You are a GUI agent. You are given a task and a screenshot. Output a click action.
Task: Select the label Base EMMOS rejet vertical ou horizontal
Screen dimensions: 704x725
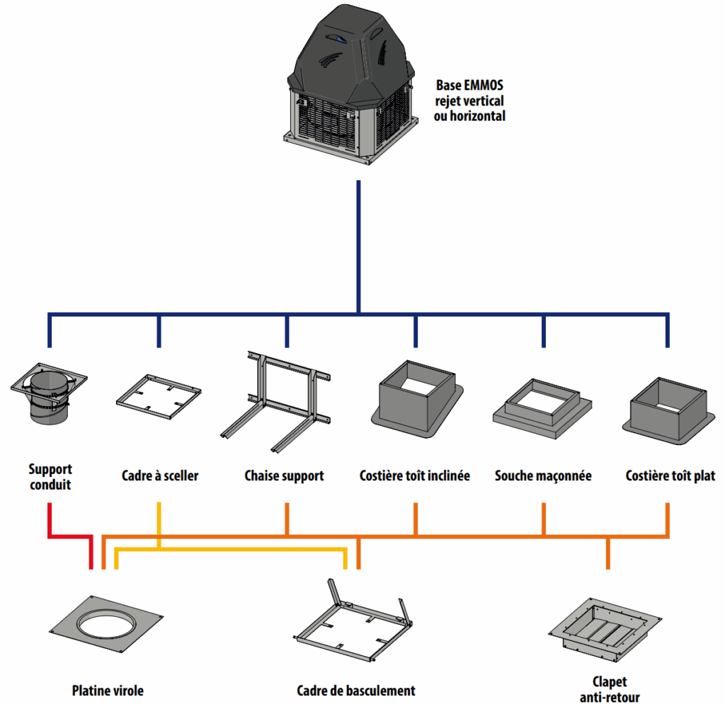(x=469, y=100)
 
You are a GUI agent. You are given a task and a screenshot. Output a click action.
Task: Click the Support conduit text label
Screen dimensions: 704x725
(x=50, y=477)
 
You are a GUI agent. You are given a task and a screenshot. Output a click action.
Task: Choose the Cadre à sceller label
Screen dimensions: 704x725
(x=160, y=476)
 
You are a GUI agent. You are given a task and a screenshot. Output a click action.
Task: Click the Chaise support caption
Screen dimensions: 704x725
(x=284, y=476)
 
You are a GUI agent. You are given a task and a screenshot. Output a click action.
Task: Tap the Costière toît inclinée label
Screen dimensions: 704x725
(x=414, y=476)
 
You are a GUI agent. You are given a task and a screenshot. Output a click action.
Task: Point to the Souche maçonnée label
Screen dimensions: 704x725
(x=542, y=476)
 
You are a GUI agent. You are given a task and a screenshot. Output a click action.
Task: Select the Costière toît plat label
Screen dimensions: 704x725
(x=670, y=476)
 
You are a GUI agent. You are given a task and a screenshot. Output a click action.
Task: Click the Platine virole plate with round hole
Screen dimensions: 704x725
(x=110, y=625)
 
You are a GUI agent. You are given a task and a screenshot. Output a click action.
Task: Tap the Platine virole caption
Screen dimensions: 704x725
(x=112, y=691)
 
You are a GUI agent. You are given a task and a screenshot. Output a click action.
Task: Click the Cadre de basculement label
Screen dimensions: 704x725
(x=355, y=691)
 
